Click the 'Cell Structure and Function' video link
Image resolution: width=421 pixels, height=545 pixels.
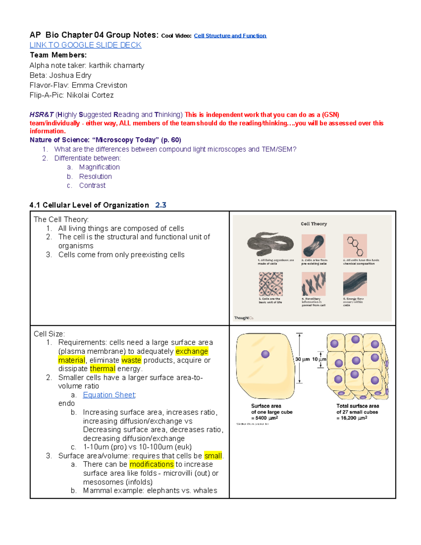(230, 36)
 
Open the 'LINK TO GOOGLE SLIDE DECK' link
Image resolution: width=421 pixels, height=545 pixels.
(85, 45)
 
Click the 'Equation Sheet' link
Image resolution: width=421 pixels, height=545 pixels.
(109, 395)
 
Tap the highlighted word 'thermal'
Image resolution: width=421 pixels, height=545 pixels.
(102, 368)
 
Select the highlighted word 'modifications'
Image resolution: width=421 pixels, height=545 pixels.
(152, 464)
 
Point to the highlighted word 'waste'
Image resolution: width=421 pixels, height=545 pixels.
(131, 360)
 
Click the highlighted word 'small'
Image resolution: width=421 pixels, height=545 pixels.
(213, 456)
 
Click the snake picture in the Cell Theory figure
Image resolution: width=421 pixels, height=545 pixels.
(270, 244)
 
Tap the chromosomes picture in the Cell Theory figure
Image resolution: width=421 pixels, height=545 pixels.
(314, 284)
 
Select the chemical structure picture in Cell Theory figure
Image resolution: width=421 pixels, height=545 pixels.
(355, 246)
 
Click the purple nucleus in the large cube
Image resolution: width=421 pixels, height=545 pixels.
(265, 354)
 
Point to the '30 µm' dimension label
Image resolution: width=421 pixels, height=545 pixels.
(302, 359)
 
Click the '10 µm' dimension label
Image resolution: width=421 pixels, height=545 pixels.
(319, 359)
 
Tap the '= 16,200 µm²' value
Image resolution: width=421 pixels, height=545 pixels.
(352, 418)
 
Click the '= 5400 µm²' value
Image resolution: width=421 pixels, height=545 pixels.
(265, 418)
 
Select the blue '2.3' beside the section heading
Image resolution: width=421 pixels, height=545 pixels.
(161, 205)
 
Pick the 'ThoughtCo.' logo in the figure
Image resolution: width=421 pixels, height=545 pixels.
(243, 318)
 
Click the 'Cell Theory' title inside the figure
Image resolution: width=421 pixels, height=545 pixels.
(314, 224)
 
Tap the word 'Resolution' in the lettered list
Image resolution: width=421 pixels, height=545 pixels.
(95, 177)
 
